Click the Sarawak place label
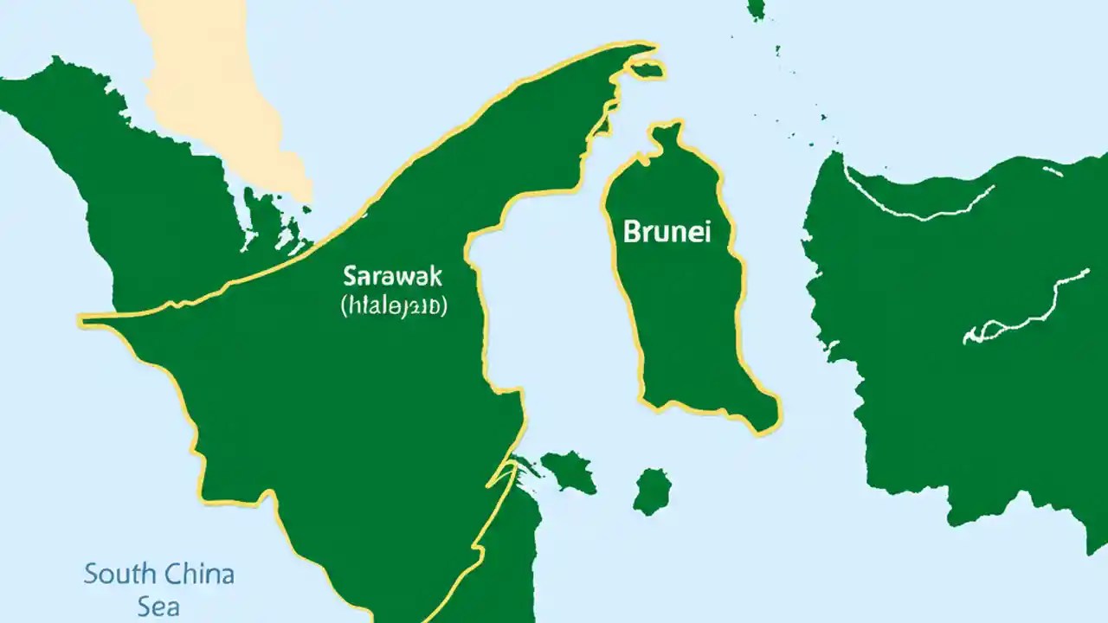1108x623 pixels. [392, 277]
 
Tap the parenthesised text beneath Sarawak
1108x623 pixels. [393, 305]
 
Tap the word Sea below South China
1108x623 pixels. [158, 606]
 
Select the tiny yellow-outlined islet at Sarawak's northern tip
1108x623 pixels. [647, 68]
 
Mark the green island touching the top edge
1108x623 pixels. [757, 9]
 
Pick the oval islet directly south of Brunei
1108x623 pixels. [652, 491]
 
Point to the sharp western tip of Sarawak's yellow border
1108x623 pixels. [83, 320]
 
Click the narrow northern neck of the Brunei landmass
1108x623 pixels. [667, 138]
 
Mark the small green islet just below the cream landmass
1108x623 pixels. [260, 216]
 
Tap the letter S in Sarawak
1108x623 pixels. [350, 277]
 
